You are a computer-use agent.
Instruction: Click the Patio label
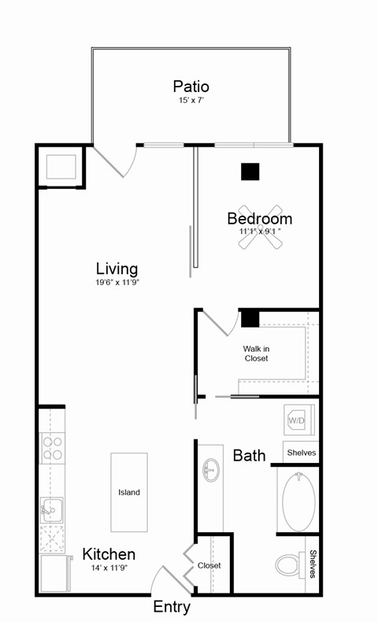point(191,87)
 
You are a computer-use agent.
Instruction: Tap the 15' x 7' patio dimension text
point(191,101)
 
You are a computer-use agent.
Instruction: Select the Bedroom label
point(260,218)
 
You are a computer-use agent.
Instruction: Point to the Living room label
point(117,268)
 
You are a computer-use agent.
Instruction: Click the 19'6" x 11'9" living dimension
point(117,282)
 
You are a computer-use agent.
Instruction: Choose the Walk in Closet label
point(256,353)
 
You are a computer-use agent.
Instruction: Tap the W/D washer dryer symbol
point(297,421)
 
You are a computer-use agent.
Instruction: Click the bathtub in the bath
point(298,502)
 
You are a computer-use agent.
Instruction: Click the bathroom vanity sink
point(210,472)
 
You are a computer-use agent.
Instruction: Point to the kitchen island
point(129,492)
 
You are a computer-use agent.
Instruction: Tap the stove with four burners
point(53,448)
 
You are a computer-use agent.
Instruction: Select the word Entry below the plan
point(172,607)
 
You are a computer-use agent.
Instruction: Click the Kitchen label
point(109,554)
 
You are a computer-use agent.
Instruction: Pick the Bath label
point(249,455)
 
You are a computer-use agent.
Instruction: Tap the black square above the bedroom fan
point(250,171)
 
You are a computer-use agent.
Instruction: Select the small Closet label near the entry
point(209,565)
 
